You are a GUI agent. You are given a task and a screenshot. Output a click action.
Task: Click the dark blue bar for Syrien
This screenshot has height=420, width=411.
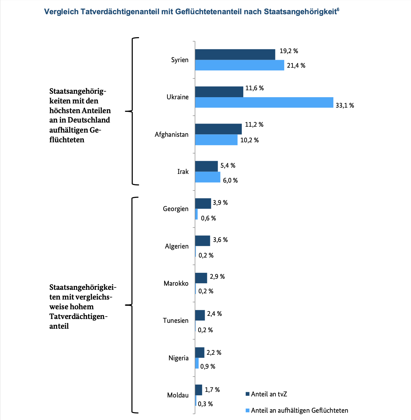(x=235, y=54)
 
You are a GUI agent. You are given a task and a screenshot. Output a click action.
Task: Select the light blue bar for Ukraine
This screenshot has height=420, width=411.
(x=264, y=102)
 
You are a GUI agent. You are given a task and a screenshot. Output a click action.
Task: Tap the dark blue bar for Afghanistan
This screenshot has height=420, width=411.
(x=218, y=129)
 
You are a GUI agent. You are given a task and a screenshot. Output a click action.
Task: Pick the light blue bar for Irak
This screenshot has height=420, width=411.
(x=208, y=177)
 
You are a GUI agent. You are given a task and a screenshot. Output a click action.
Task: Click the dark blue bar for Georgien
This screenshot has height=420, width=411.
(x=203, y=203)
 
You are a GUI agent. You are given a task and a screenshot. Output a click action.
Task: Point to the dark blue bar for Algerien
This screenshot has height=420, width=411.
(x=203, y=241)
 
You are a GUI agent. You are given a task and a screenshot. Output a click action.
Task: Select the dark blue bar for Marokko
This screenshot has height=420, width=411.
(x=201, y=278)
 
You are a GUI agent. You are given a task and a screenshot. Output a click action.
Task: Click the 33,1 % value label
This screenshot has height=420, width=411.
(x=345, y=106)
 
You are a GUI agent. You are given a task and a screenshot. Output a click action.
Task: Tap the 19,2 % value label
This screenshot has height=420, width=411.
(x=289, y=51)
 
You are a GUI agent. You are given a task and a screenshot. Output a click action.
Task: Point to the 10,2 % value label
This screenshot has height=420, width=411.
(x=250, y=140)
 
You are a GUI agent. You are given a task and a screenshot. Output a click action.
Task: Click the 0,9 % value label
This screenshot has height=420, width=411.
(x=208, y=367)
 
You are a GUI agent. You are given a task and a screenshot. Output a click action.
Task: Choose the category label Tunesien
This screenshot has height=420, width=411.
(x=176, y=320)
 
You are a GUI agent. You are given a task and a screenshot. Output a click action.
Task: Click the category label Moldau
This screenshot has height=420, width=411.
(x=178, y=395)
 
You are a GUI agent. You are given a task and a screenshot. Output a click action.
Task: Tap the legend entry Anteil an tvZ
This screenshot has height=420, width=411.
(x=266, y=394)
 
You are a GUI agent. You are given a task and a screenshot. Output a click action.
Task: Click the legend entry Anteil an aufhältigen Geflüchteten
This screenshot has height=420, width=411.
(x=297, y=410)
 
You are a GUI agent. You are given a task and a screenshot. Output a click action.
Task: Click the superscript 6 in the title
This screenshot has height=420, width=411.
(x=338, y=9)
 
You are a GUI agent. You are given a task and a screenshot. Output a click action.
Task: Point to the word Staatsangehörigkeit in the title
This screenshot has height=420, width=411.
(x=300, y=12)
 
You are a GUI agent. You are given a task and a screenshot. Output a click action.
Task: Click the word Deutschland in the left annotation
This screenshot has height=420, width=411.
(x=89, y=120)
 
